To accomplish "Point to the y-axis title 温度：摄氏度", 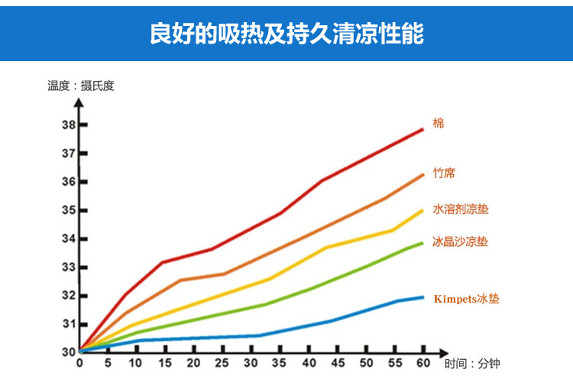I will click(80, 86).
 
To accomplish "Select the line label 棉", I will click(438, 123).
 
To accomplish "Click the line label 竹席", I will click(443, 173).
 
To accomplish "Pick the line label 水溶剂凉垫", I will click(460, 208).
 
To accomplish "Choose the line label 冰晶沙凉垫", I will click(460, 241).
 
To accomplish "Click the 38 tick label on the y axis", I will click(69, 125).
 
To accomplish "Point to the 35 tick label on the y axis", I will click(69, 210).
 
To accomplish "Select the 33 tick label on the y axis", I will click(69, 267).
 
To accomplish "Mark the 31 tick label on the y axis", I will click(69, 324).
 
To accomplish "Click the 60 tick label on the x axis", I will click(423, 362).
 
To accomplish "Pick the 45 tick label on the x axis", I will click(338, 362).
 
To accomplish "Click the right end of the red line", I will click(422, 129).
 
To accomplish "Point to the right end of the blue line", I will click(422, 297).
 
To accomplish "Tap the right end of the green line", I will click(422, 243).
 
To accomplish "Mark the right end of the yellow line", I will click(422, 210).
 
